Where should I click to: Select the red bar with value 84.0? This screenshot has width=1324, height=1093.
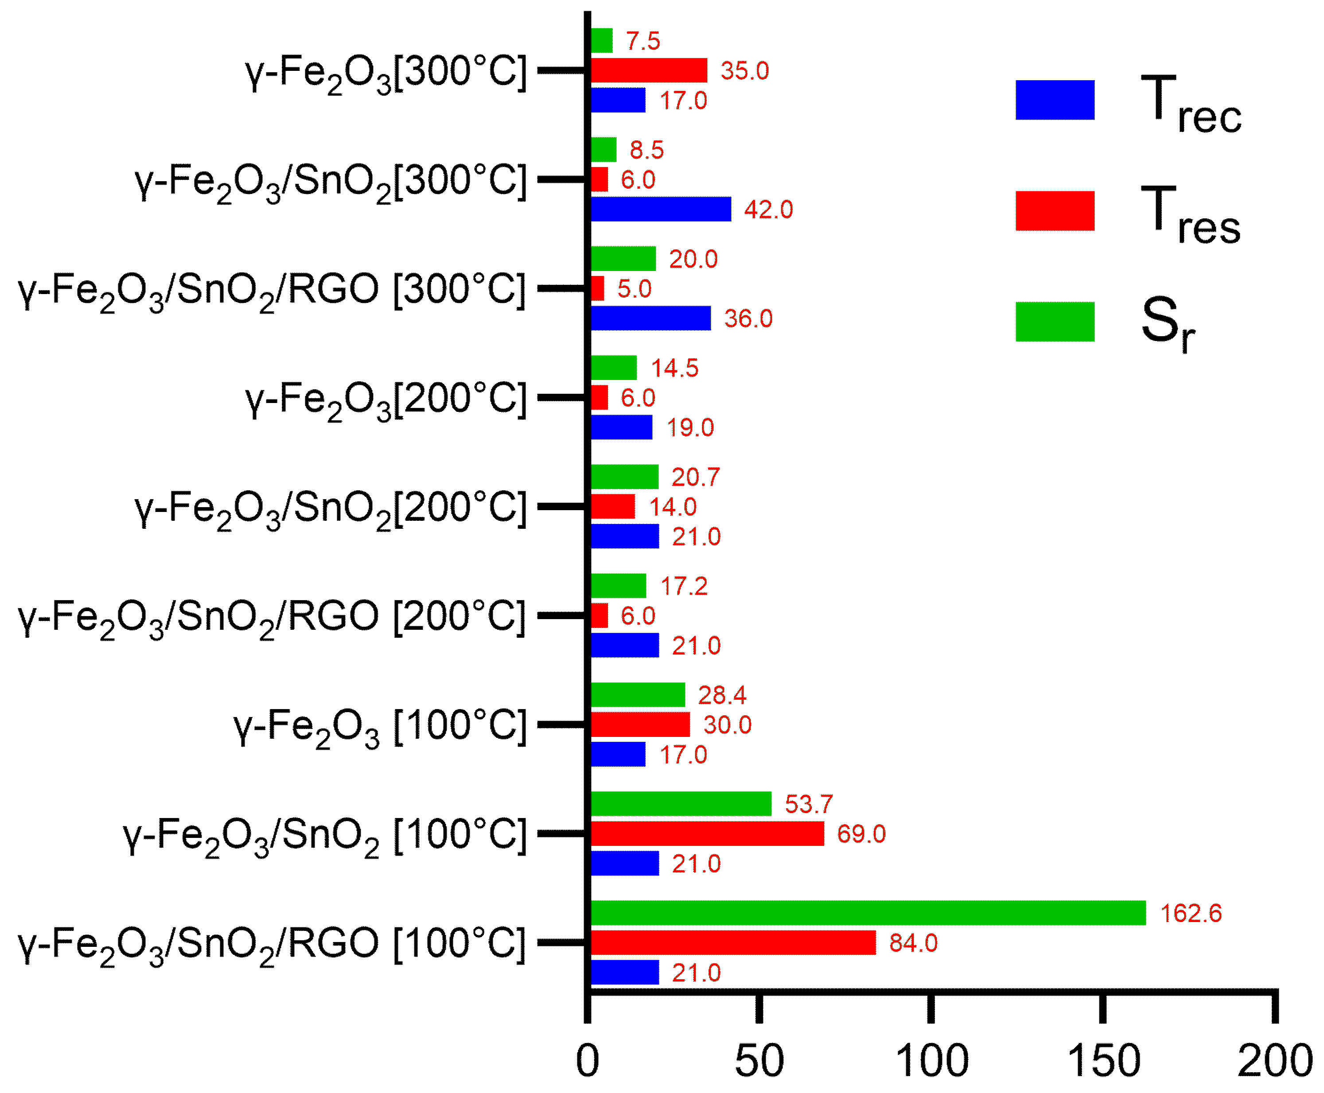732,942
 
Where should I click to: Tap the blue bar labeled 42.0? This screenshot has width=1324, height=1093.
661,209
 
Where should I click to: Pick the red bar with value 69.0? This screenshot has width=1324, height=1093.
707,833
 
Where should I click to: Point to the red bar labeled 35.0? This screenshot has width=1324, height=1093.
648,70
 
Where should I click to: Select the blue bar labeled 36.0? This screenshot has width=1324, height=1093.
650,318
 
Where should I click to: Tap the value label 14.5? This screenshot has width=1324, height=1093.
674,368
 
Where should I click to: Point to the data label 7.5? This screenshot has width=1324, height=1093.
643,41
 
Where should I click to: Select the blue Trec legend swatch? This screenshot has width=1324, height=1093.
1055,100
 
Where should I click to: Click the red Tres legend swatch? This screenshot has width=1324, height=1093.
1055,211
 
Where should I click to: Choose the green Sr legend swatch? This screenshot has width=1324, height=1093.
1055,322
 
